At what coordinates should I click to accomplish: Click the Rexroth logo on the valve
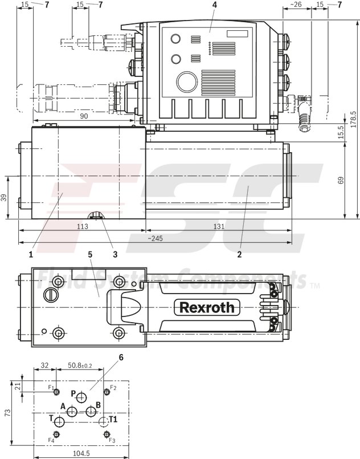pyautogui.click(x=207, y=307)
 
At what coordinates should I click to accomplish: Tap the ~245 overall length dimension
pyautogui.click(x=154, y=238)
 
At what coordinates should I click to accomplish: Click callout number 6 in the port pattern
pyautogui.click(x=121, y=358)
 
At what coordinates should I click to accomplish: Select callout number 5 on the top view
pyautogui.click(x=89, y=254)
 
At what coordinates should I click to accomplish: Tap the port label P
pyautogui.click(x=73, y=393)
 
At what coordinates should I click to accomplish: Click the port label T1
pyautogui.click(x=113, y=419)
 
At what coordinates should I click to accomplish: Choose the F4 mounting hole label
pyautogui.click(x=51, y=440)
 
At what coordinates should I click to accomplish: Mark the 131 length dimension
pyautogui.click(x=218, y=226)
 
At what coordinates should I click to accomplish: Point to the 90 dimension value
pyautogui.click(x=83, y=116)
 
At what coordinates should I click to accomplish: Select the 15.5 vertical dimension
pyautogui.click(x=341, y=131)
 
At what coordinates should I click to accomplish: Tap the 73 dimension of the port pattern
pyautogui.click(x=7, y=412)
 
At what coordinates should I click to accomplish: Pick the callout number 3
pyautogui.click(x=114, y=254)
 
